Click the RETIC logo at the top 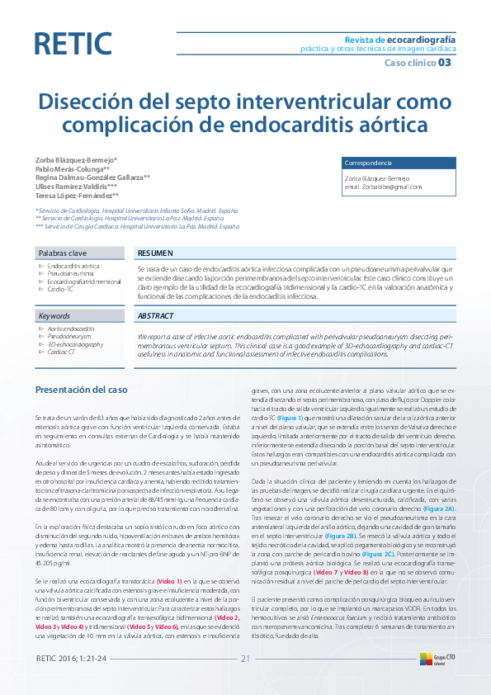click(73, 43)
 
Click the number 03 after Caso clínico click(444, 63)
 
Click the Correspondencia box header click(367, 163)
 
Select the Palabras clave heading click(63, 252)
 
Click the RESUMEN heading click(155, 252)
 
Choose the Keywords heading click(54, 316)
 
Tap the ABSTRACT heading click(155, 316)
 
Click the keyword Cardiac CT click(61, 352)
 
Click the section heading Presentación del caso click(81, 389)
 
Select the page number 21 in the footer click(245, 657)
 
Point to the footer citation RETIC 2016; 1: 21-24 click(72, 657)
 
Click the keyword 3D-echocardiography click(75, 344)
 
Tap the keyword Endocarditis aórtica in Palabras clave click(73, 267)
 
